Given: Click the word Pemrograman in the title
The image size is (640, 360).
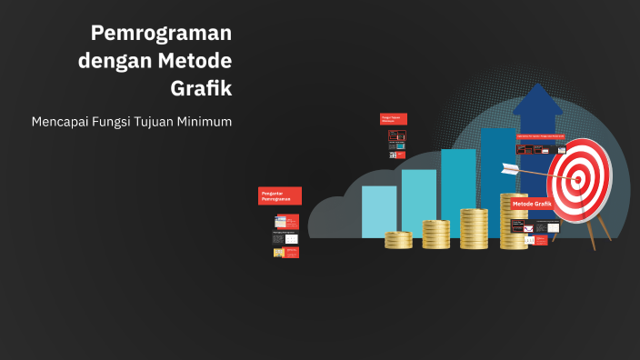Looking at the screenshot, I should click(161, 34).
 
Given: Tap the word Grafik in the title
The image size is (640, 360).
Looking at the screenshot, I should click(201, 89).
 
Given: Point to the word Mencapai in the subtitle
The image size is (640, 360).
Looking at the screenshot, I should click(59, 121).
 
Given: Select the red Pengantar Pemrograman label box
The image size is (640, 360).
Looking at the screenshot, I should click(280, 195).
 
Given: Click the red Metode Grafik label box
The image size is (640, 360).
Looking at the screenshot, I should click(532, 205).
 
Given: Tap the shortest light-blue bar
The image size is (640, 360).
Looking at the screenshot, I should click(378, 211).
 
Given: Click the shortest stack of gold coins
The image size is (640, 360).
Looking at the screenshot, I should click(398, 240).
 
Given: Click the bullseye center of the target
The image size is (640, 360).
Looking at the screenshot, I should click(577, 180).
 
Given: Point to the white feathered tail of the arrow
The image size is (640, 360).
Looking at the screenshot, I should click(509, 169).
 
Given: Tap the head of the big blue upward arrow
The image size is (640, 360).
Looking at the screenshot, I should click(536, 100).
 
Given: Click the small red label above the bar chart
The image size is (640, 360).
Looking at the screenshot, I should click(393, 118).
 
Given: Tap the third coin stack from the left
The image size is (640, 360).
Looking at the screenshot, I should click(474, 229).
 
